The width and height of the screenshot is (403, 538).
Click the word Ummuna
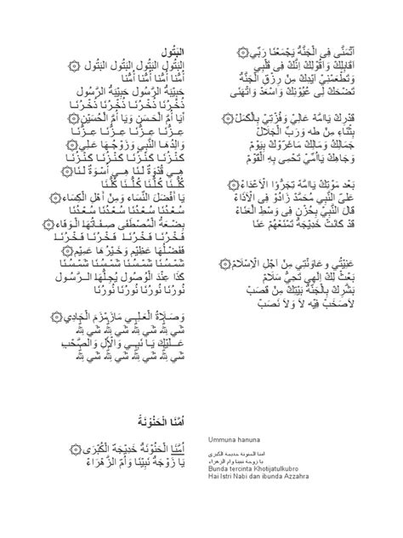(x=219, y=439)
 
